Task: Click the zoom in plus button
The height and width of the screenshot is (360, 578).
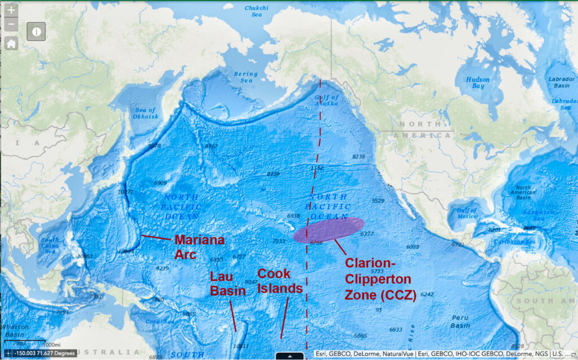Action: pos(11,10)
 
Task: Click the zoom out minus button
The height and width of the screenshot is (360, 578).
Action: pos(11,25)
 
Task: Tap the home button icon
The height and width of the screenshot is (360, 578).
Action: pos(11,44)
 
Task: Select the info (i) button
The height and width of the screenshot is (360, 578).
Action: pos(36,32)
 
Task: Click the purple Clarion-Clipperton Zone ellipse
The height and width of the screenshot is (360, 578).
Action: pos(329,230)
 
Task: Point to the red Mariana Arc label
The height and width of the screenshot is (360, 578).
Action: pos(199,247)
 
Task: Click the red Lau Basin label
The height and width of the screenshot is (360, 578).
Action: pos(227,284)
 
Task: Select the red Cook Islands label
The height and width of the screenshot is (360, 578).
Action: pos(280,281)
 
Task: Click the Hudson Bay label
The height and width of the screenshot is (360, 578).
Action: pos(478,83)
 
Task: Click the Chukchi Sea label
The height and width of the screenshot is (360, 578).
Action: pos(257,11)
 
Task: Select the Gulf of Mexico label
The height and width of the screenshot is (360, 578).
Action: pos(466,213)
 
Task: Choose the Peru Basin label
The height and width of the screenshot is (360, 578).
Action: pos(460,322)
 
